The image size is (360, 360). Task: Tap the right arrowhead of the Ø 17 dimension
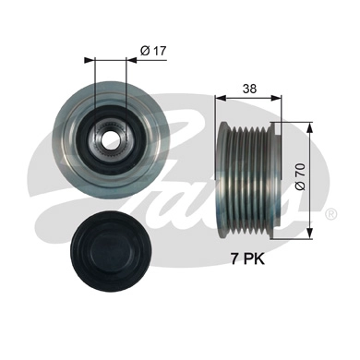pyautogui.click(x=127, y=61)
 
